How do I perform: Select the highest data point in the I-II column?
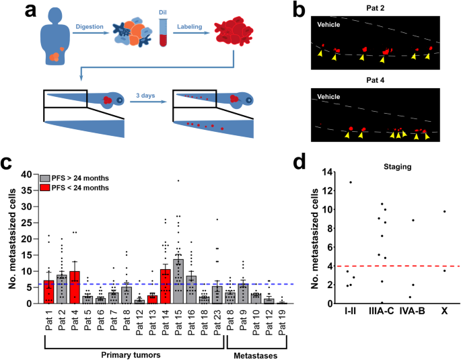click(350, 182)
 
